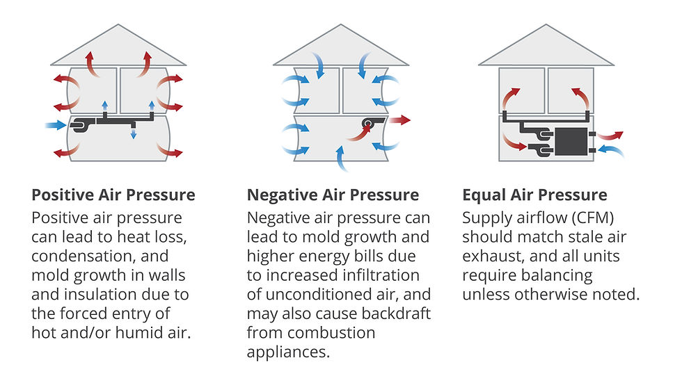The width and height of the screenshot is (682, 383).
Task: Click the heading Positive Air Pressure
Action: [x=113, y=195]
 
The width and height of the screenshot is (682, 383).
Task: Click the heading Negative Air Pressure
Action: [x=333, y=195]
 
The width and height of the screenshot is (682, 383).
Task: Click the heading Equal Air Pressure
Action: [x=534, y=195]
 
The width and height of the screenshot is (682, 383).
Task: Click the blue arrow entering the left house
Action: [x=56, y=126]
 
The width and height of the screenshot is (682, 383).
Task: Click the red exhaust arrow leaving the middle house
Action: [x=399, y=120]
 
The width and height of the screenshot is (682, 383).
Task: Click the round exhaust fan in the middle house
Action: [x=368, y=125]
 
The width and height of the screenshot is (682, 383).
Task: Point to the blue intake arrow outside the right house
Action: [x=610, y=150]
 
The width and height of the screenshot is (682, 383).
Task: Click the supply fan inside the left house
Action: [x=81, y=126]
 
